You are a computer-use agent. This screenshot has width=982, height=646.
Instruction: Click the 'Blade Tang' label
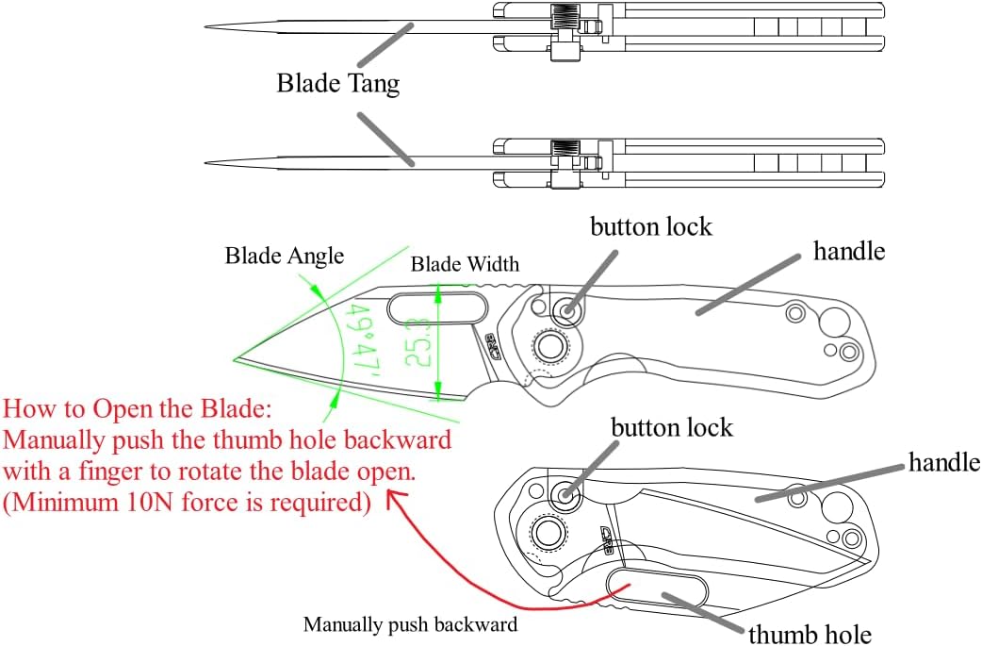338,83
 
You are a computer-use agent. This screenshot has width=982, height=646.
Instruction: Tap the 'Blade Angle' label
285,256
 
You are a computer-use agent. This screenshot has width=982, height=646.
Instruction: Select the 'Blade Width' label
465,264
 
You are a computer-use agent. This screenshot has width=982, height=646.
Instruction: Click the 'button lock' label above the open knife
650,227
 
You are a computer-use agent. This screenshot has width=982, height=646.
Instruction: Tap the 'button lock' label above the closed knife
671,428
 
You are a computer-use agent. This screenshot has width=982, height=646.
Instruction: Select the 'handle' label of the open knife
849,251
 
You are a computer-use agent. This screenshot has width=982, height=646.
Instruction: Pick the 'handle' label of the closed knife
944,462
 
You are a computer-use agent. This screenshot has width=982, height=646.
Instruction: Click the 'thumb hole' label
810,634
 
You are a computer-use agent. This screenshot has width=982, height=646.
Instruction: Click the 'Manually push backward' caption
410,624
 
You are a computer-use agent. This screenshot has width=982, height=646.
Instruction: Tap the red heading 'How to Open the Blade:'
138,408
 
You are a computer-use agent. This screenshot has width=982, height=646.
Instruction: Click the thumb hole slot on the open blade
437,308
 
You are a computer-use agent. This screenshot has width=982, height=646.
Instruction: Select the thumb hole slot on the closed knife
657,588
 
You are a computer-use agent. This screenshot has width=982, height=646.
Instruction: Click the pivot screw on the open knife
549,346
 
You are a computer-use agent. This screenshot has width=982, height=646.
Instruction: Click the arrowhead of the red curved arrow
396,498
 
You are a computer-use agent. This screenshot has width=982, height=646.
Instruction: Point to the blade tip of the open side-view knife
235,359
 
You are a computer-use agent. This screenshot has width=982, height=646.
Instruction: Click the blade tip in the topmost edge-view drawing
206,27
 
